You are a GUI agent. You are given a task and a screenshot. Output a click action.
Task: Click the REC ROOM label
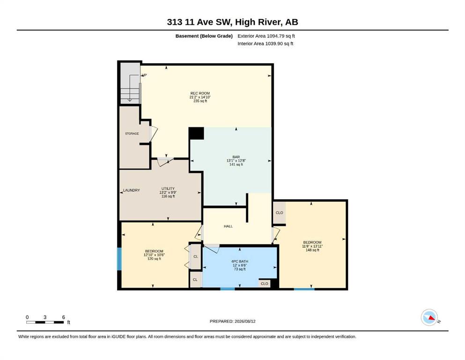click(x=200, y=93)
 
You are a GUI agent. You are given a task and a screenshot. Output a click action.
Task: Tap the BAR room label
click(x=236, y=157)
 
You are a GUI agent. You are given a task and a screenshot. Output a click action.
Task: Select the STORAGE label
click(x=132, y=134)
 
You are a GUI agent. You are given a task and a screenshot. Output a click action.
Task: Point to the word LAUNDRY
click(x=132, y=190)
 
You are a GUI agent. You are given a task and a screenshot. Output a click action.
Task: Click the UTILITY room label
click(x=168, y=188)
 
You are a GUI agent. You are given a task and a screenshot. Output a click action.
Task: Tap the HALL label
click(x=228, y=226)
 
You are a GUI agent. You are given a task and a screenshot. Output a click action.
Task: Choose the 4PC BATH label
click(x=240, y=262)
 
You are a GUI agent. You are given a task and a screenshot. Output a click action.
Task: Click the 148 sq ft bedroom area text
click(x=312, y=250)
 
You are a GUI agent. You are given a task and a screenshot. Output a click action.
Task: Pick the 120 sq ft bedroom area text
click(x=154, y=258)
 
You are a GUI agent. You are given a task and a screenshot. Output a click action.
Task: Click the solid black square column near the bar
click(x=196, y=133)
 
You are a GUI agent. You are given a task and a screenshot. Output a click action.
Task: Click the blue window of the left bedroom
click(x=119, y=259)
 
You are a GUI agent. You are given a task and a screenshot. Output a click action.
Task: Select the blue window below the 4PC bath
click(x=228, y=288)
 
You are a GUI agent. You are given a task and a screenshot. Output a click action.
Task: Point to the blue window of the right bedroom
click(x=304, y=288)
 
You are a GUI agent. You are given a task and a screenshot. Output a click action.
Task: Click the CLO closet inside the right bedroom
click(x=280, y=213)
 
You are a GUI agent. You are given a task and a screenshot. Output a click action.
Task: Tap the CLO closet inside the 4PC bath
click(x=264, y=284)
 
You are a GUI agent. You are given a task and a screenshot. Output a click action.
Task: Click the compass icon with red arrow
click(x=429, y=317)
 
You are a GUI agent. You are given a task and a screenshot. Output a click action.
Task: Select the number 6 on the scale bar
click(x=64, y=317)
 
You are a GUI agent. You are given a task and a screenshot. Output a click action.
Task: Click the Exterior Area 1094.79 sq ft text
click(x=266, y=36)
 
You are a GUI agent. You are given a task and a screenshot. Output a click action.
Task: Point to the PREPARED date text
click(x=232, y=321)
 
